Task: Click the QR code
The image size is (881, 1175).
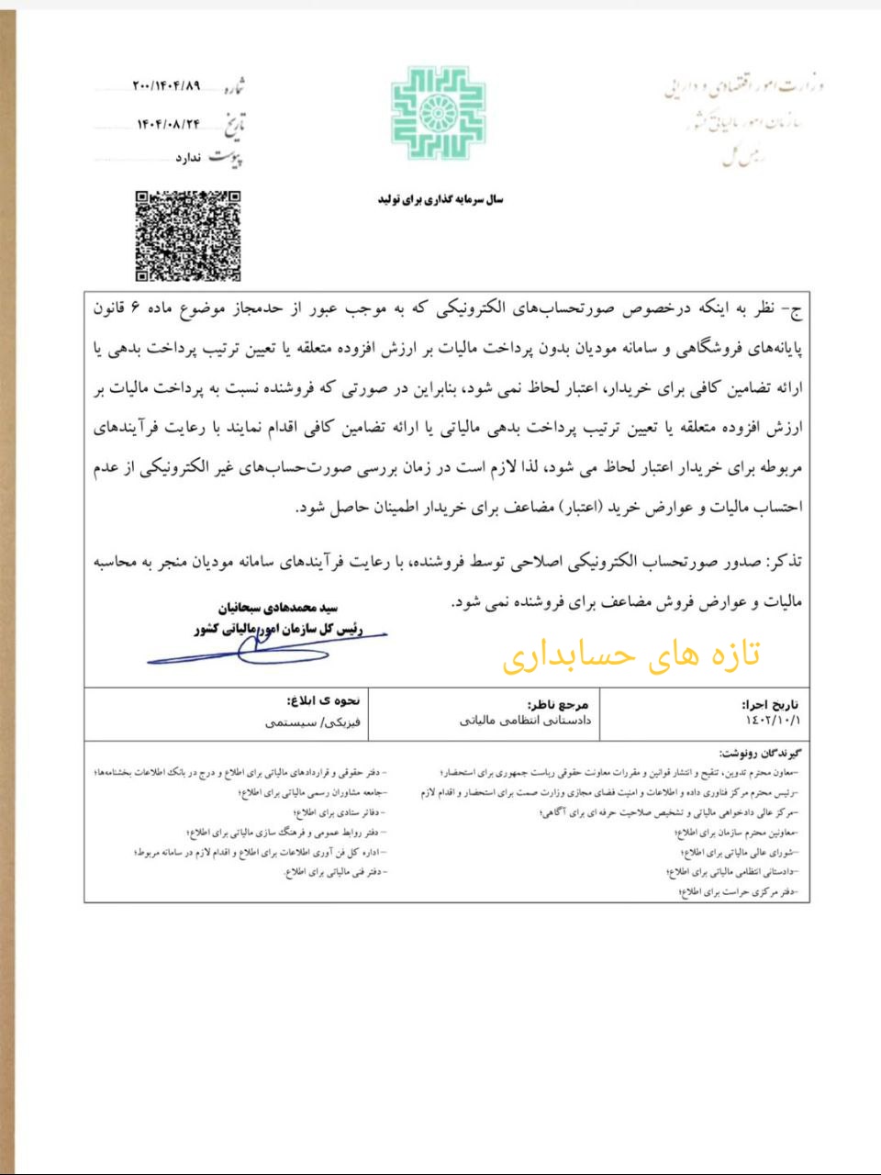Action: coord(188,235)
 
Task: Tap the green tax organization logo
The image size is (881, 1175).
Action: coord(438,113)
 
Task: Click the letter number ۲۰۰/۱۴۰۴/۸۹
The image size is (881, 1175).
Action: coord(166,86)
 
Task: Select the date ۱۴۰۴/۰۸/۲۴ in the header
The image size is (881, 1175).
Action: coord(168,123)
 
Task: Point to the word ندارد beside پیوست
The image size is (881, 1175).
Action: coord(188,158)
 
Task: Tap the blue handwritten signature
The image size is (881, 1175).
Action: coord(266,647)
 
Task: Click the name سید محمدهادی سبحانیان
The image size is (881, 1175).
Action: coord(277,608)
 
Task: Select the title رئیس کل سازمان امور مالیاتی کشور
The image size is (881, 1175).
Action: coord(278,630)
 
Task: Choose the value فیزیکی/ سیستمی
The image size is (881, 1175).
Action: coord(312,722)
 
